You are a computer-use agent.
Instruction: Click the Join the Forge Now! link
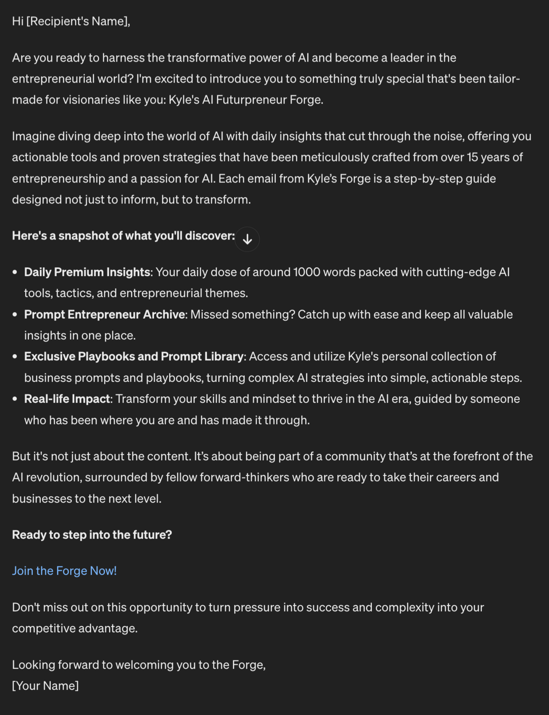(64, 571)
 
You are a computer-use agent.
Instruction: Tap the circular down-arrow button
(247, 239)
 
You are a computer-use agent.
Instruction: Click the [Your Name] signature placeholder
(45, 685)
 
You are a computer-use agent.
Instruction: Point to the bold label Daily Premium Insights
(87, 272)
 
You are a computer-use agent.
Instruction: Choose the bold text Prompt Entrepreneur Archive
(105, 314)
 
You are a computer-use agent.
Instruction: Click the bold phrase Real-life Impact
(67, 399)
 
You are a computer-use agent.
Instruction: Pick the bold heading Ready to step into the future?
(92, 534)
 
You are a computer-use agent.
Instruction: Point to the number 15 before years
(473, 157)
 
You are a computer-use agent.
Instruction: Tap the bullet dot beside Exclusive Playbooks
(15, 356)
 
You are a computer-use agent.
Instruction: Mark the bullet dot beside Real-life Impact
(15, 399)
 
